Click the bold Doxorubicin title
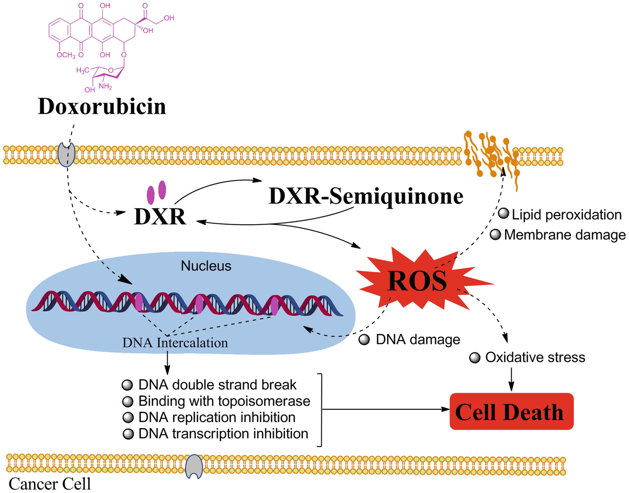point(102,107)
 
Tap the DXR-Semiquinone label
point(366,196)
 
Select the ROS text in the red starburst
point(417,281)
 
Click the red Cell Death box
point(511,412)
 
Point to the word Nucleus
point(206,266)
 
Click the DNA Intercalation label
point(175,342)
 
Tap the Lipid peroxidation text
point(566,215)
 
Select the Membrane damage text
point(564,235)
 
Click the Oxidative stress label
point(535,357)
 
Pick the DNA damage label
point(417,340)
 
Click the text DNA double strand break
point(217,385)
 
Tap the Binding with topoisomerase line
point(224,401)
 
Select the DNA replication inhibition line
point(217,418)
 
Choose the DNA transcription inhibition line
point(223,434)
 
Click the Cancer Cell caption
point(50,483)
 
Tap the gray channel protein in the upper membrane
point(66,155)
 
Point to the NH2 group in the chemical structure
point(105,86)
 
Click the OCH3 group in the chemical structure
point(66,55)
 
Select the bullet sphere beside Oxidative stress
point(475,358)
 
